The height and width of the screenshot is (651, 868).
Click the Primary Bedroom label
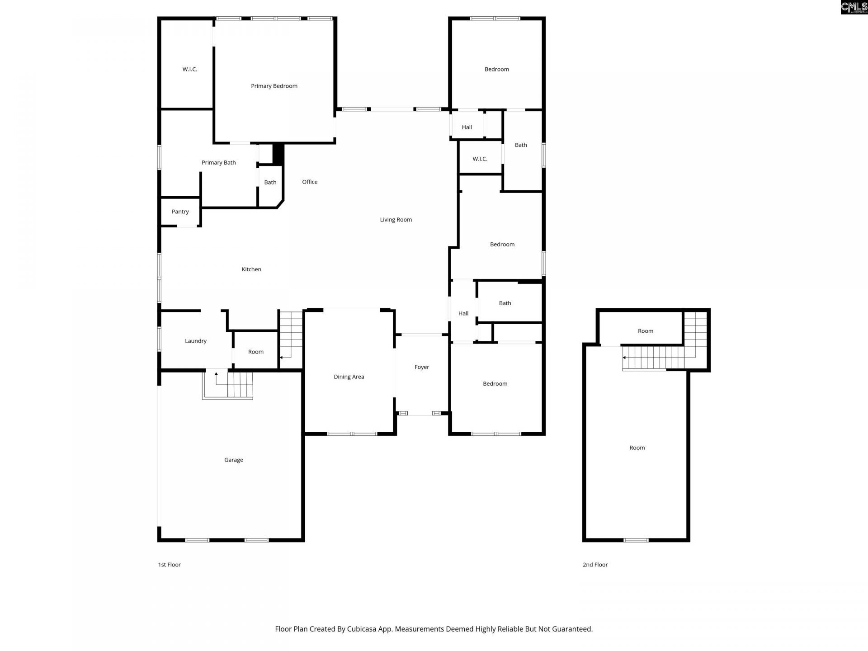click(x=274, y=86)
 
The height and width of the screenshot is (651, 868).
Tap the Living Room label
click(x=396, y=220)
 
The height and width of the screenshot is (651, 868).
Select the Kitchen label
click(x=251, y=269)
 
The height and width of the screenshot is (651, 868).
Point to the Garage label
click(x=234, y=460)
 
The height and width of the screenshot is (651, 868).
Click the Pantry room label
click(x=180, y=212)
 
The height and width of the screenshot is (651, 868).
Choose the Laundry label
click(x=196, y=341)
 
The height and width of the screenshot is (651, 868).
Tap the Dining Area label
click(x=349, y=377)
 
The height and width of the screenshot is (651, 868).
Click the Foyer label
click(x=422, y=367)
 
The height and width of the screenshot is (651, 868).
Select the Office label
click(x=310, y=182)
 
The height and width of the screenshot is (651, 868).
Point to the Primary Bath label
click(x=218, y=163)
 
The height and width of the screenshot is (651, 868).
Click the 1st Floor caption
click(x=169, y=565)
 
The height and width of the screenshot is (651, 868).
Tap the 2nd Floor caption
click(x=595, y=565)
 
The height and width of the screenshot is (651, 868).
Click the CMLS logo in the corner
click(x=854, y=7)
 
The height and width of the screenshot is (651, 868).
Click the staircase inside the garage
click(x=227, y=385)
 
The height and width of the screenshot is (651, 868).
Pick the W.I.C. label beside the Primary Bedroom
click(x=190, y=69)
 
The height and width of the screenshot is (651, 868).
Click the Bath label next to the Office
click(x=270, y=182)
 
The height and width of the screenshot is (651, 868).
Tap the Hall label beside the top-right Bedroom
click(x=467, y=127)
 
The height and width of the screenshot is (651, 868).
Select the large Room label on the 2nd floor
click(x=637, y=448)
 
